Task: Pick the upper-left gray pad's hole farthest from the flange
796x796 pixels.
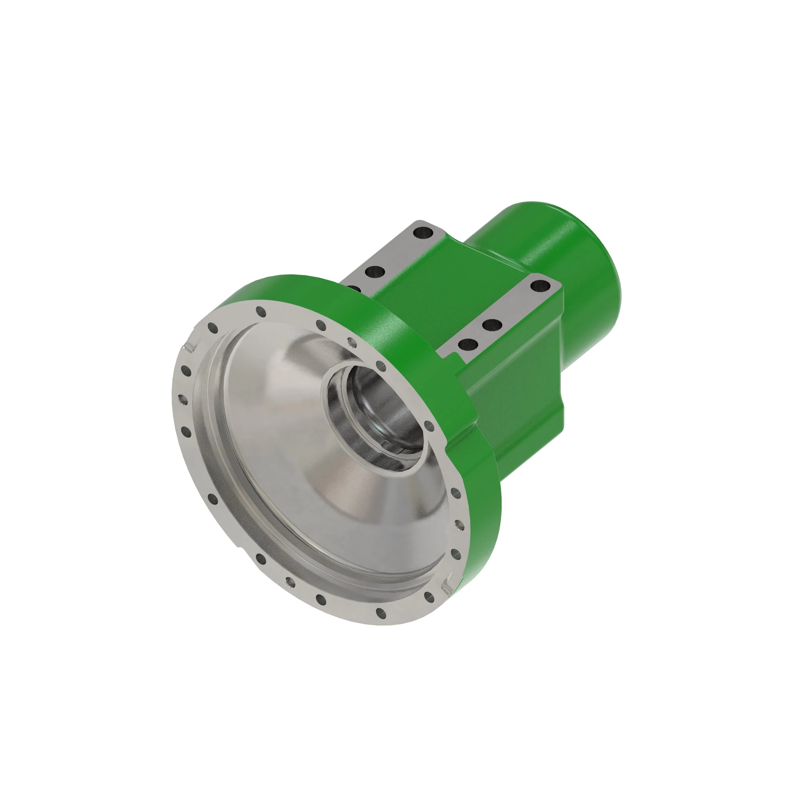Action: click(x=422, y=234)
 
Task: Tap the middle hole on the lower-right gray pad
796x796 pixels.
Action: click(x=491, y=325)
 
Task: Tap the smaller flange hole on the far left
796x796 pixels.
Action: click(x=179, y=398)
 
